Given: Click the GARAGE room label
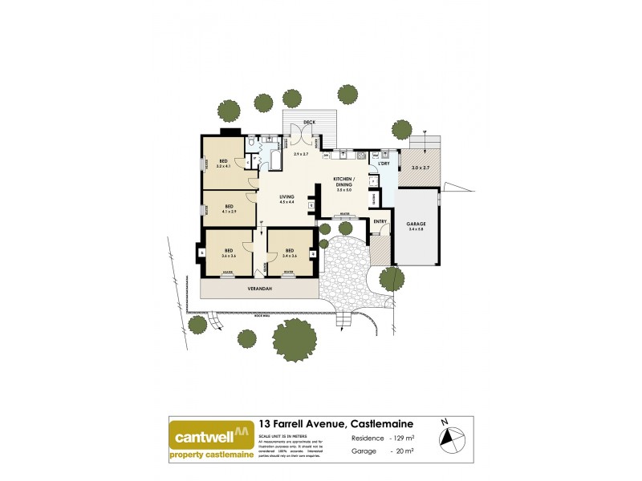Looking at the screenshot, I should pos(416,224).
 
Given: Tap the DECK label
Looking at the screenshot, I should pos(309,122).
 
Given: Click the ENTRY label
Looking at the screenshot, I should pos(380,221).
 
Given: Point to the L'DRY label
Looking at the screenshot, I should pos(384,164).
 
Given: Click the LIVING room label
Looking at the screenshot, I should pos(286,197).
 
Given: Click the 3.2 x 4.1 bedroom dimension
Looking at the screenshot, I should pos(224,166).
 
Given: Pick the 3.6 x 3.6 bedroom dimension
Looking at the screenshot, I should pos(229,256).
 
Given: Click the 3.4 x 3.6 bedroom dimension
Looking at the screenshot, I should pos(290,256).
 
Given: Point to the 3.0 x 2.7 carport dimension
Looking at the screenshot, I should pos(421,168).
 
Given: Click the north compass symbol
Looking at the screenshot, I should pos(452,438).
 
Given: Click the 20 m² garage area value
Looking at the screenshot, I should pos(403,451).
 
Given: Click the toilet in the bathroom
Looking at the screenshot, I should pos(253,142).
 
